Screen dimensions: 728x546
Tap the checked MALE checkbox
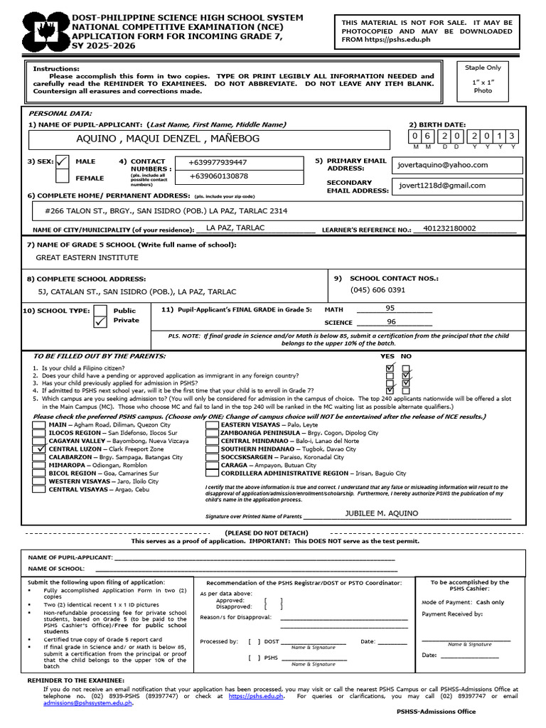(x=63, y=162)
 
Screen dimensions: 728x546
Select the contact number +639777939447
(x=218, y=163)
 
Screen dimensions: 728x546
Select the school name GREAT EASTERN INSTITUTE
(x=87, y=257)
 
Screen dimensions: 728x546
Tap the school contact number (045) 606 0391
(x=378, y=290)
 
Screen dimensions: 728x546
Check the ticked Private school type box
(x=100, y=321)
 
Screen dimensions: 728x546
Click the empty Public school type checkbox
(x=100, y=310)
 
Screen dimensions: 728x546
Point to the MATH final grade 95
(x=390, y=309)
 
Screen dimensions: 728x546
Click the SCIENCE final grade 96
(x=391, y=322)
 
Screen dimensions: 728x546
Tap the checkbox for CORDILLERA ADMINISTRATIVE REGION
(x=212, y=473)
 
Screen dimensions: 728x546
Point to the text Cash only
(x=490, y=602)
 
